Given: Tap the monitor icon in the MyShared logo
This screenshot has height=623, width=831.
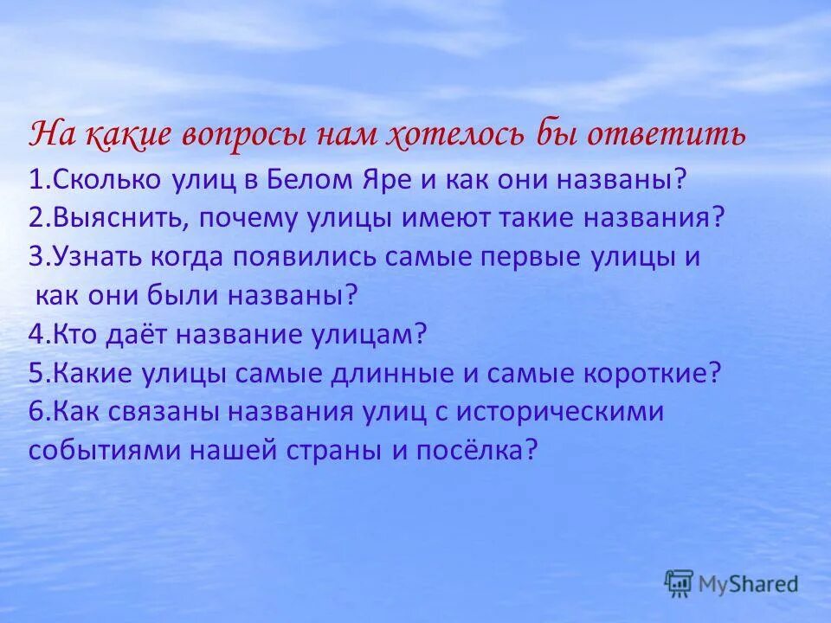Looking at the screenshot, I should pos(680,582).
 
